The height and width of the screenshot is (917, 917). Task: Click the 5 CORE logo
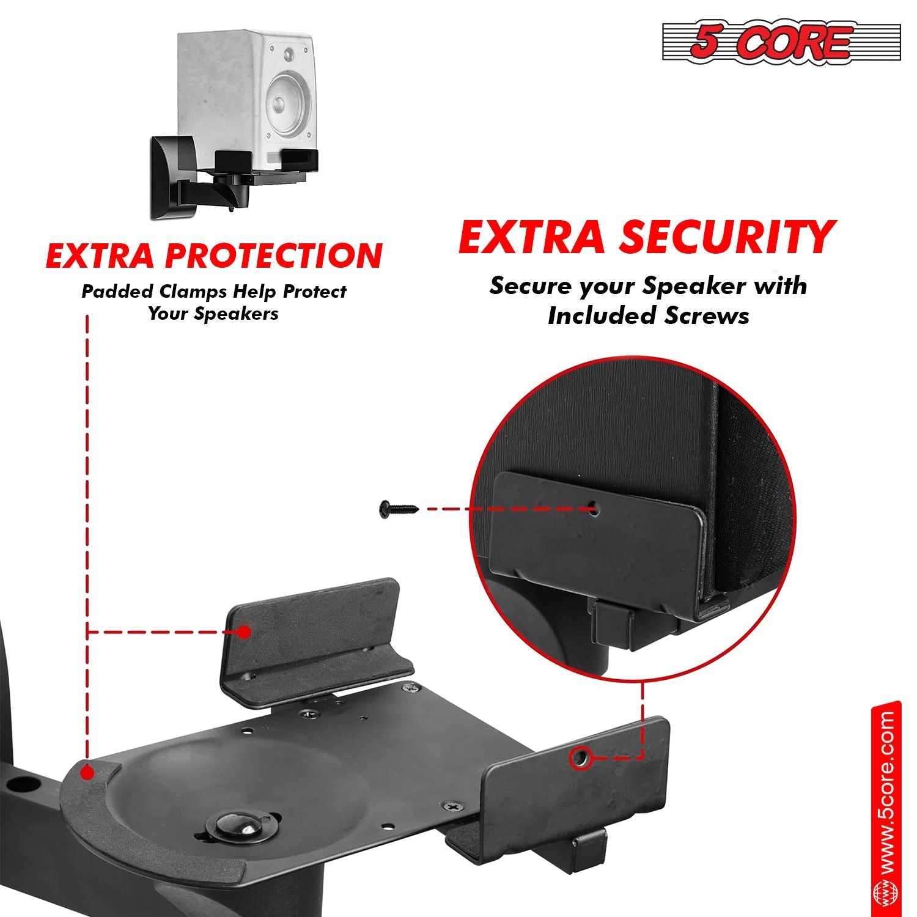point(781,42)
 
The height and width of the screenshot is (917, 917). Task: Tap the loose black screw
point(398,509)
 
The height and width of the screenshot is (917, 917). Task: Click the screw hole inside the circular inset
point(592,508)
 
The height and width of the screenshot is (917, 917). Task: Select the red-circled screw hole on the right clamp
point(580,758)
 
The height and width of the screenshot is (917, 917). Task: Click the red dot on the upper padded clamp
point(244,632)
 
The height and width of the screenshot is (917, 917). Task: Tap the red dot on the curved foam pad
point(87,773)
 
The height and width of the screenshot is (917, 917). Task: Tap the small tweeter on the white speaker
point(289,54)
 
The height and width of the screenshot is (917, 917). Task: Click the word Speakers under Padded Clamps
point(243,314)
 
